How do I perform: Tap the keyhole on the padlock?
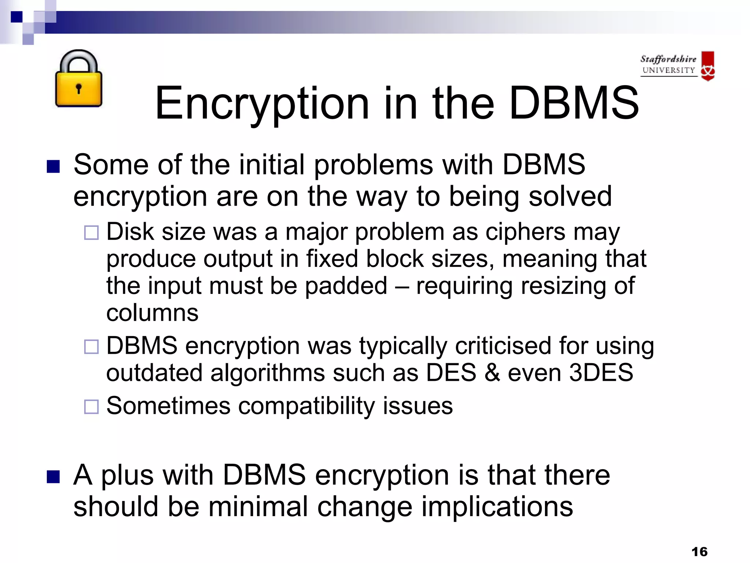pos(78,88)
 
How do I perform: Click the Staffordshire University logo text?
pos(668,65)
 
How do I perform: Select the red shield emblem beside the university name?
pos(708,66)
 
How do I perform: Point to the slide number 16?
pos(699,551)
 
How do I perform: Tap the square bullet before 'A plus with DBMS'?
pos(53,477)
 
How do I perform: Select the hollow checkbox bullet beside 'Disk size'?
pos(91,232)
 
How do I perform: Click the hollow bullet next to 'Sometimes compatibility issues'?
pos(91,406)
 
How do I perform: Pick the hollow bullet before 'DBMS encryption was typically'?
pos(91,346)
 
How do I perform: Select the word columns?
pos(152,313)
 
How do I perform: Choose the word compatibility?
pos(307,406)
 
